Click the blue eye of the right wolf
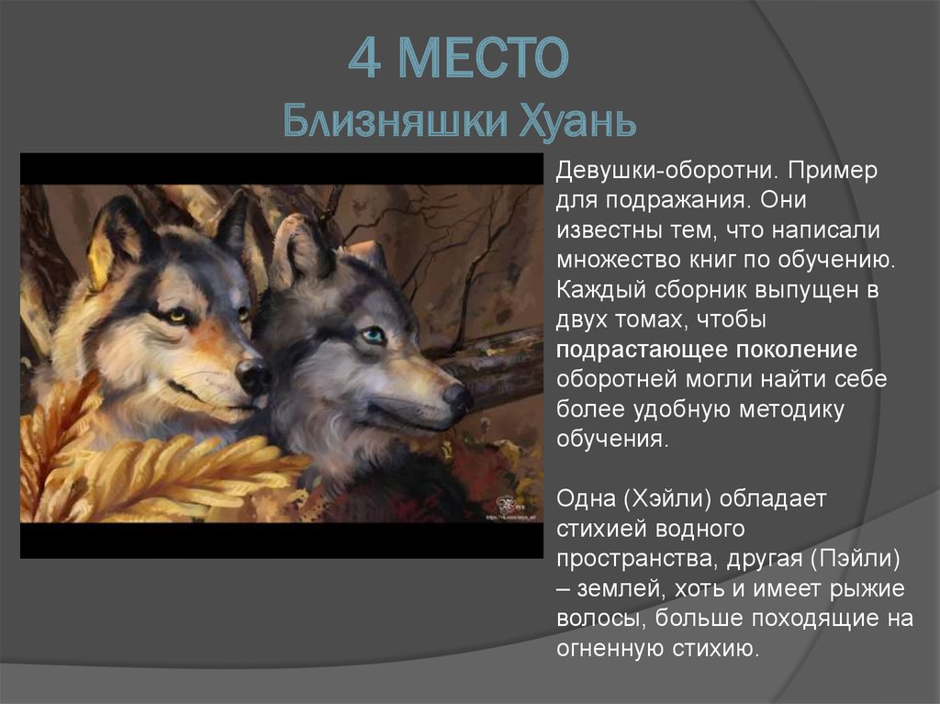pos(373,336)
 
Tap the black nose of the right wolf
pos(457,397)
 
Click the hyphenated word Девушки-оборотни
pos(658,172)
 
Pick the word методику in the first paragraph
pos(799,409)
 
